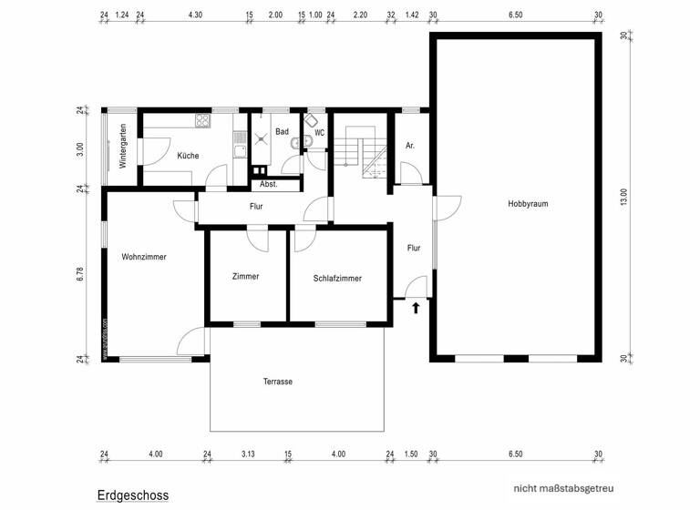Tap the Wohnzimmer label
[144, 258]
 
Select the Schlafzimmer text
[337, 279]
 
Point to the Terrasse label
[277, 382]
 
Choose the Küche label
[188, 156]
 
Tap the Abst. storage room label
[268, 184]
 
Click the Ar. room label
[410, 146]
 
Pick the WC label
[319, 132]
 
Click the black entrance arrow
[417, 308]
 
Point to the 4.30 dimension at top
[195, 15]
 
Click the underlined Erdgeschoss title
[133, 495]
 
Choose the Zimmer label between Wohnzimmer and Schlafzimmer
[245, 276]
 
